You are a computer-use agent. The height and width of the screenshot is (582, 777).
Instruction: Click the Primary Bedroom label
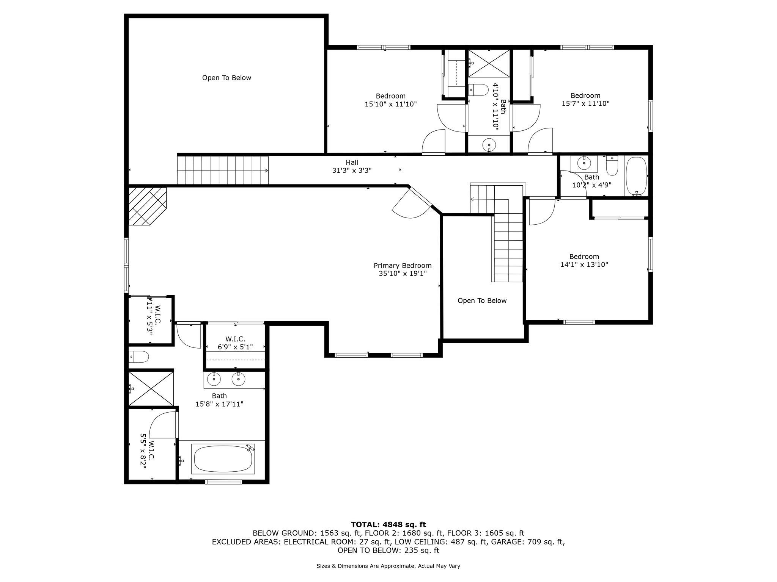pos(403,266)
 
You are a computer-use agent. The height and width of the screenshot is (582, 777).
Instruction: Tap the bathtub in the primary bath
pos(223,459)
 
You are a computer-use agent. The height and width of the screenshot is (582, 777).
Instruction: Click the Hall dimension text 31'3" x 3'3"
pos(352,171)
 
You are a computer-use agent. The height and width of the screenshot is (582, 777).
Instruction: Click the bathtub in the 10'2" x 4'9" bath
pos(636,176)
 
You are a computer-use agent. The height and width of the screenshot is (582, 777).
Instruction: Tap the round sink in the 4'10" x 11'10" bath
pos(489,144)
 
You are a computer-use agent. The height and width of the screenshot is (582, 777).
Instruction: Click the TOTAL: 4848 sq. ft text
pos(388,524)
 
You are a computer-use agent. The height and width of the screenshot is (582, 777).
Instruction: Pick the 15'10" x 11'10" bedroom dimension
pos(391,104)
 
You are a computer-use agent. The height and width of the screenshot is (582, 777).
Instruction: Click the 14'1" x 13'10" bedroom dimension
pos(584,264)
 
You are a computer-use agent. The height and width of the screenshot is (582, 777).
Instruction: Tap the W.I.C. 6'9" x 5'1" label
pos(235,343)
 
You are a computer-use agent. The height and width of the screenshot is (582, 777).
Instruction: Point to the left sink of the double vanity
pos(214,379)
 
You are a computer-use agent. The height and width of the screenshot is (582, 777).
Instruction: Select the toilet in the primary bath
pos(138,357)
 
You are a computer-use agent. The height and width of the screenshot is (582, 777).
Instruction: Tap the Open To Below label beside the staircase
pos(482,300)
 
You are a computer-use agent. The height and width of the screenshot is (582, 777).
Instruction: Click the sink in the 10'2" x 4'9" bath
pos(584,163)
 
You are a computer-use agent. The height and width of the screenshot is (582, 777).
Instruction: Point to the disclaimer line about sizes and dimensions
pos(388,566)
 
